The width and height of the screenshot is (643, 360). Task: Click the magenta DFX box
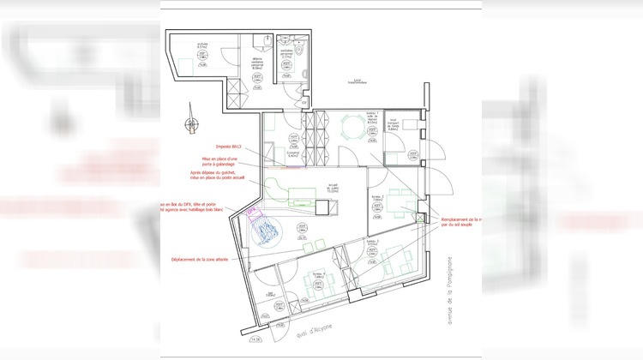[x=252, y=211]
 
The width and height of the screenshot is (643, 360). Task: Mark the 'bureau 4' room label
[x=317, y=273]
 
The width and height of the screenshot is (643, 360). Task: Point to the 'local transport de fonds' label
[x=394, y=123]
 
